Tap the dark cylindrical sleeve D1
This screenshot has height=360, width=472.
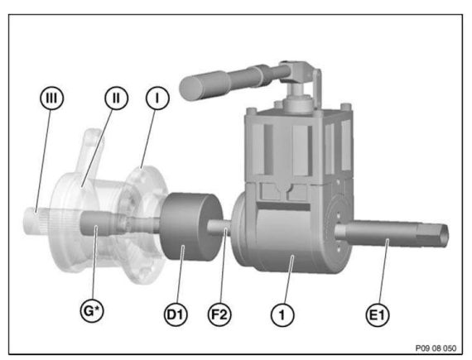coord(189,228)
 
